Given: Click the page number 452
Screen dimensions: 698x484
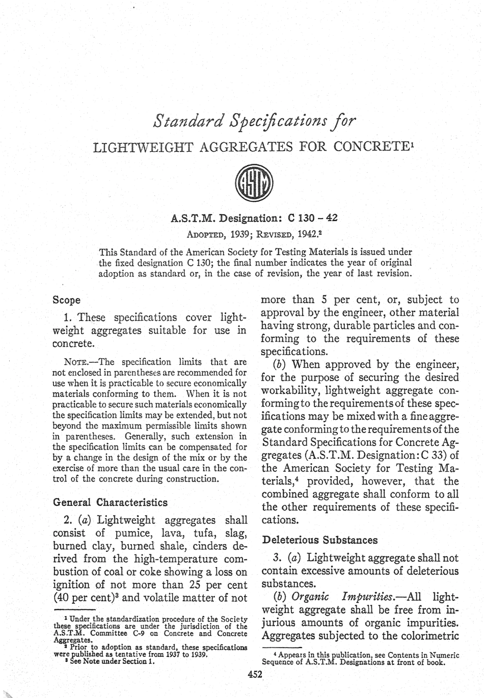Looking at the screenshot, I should [x=254, y=675].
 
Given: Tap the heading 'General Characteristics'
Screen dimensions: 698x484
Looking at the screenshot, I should [x=110, y=502].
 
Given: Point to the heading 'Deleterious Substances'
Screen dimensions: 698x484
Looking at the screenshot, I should [x=319, y=540].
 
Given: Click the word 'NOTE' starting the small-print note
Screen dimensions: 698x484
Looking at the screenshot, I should [x=74, y=362].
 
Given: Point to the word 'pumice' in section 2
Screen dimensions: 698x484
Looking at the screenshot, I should [x=127, y=533].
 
